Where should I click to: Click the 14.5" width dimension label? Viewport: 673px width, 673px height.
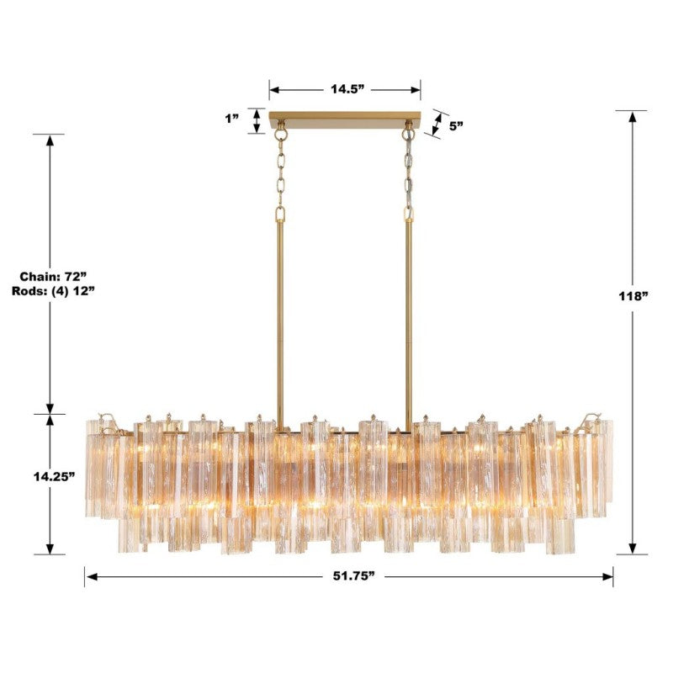345,90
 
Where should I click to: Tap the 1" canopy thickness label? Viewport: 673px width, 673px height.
233,119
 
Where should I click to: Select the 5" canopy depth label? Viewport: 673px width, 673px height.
457,125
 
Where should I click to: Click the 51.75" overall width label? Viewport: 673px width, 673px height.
349,576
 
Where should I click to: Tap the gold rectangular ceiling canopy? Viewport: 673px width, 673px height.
345,119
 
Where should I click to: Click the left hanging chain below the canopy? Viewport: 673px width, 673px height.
280,172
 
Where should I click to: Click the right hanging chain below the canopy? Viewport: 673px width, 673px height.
409,172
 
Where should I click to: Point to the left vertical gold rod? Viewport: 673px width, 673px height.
280,320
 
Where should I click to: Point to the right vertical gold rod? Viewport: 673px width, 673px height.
409,320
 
